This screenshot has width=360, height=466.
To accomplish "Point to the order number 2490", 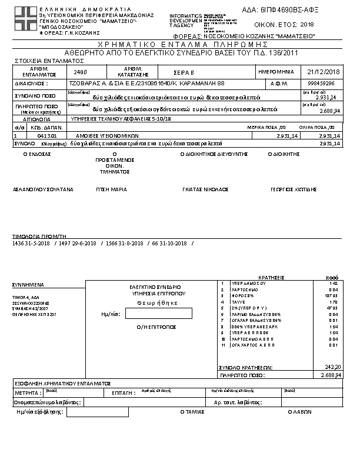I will (x=81, y=72).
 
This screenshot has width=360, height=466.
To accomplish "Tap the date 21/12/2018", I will (x=319, y=72).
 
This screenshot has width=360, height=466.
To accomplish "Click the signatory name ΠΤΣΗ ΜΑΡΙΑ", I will (x=112, y=189).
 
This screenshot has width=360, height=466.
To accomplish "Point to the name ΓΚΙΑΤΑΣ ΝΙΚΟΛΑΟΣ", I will (x=205, y=189).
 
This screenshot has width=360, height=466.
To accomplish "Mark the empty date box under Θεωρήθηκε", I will (x=159, y=314).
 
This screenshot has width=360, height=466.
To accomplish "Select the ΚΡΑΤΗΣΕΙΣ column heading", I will (x=272, y=277).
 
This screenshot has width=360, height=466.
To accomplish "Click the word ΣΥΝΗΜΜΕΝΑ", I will (x=28, y=284).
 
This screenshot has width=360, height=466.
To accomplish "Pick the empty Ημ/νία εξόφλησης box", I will (x=98, y=412).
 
